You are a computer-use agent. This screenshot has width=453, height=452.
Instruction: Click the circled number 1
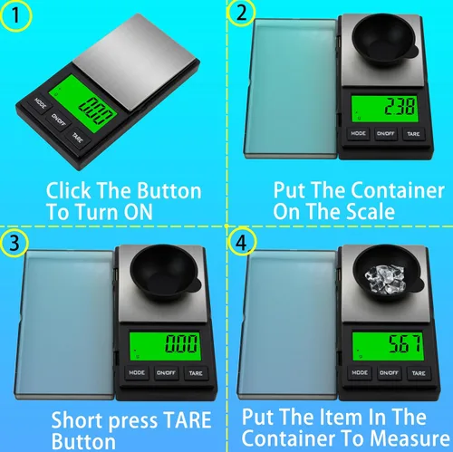point(15,15)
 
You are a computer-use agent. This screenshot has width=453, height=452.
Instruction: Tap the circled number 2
point(241,13)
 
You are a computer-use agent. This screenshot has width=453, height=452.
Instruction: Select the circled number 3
point(14,243)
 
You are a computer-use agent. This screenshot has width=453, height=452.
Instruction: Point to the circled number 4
point(242,243)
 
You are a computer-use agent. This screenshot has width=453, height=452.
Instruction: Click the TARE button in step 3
point(196,373)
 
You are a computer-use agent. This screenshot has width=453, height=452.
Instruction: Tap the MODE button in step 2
point(358,133)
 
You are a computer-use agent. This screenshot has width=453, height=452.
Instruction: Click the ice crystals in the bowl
point(384,279)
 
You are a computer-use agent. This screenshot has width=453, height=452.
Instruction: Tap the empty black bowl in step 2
point(384,39)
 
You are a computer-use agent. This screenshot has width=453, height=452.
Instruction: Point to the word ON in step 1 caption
point(139,212)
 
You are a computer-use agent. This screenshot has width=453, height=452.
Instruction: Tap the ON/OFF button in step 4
point(389,373)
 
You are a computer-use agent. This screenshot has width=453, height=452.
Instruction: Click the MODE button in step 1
point(40,103)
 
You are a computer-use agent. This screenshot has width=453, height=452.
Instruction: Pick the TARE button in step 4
point(419,373)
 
